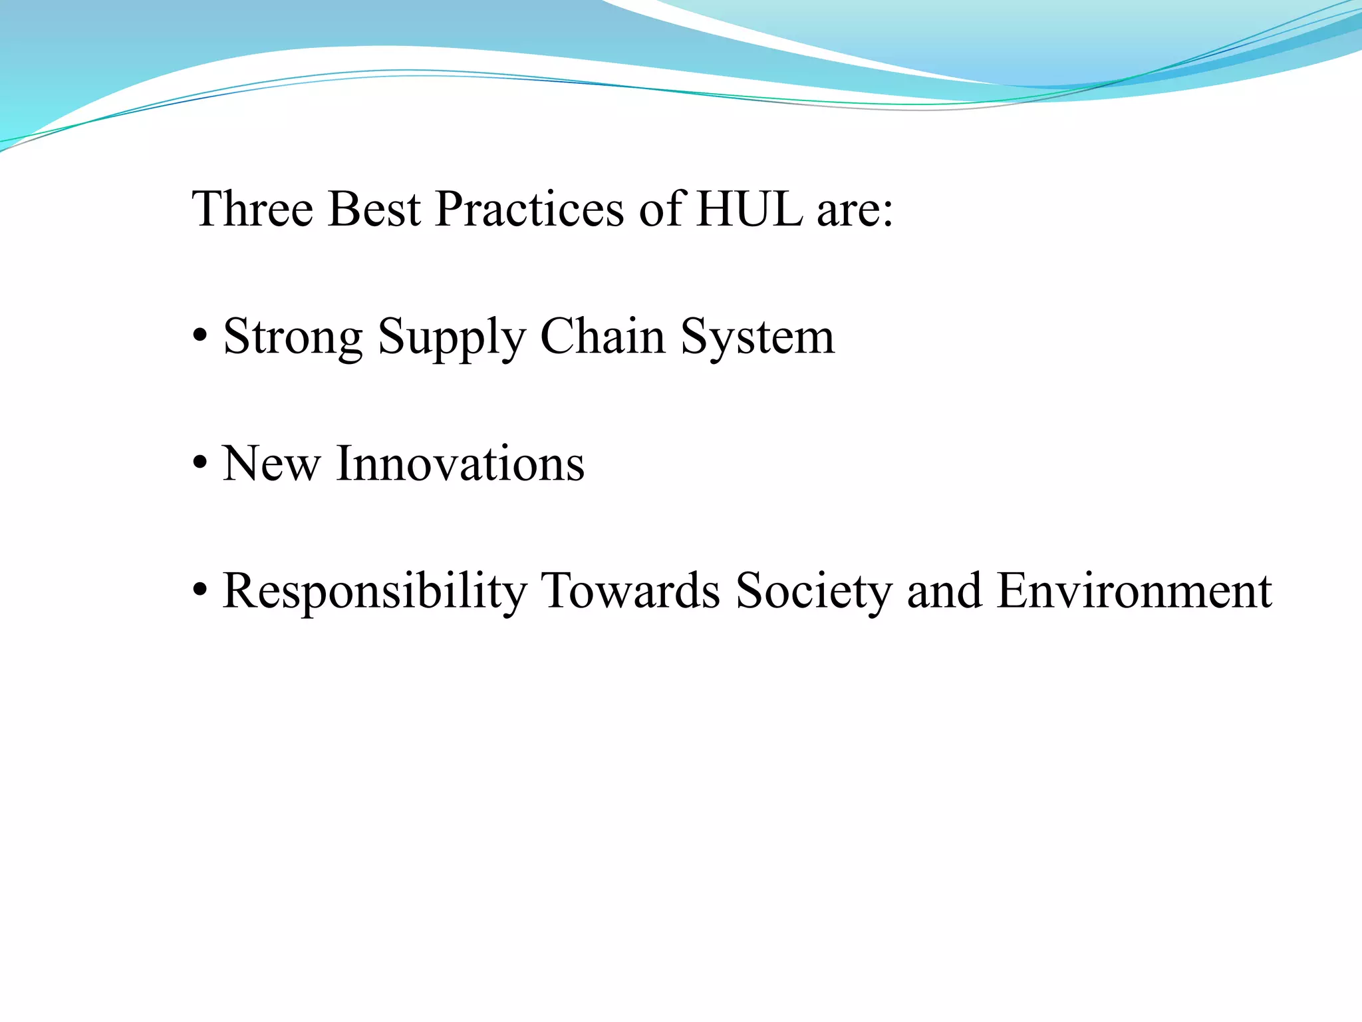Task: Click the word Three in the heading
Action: click(x=252, y=210)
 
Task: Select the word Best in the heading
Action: click(x=374, y=210)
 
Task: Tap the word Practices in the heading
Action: click(x=529, y=210)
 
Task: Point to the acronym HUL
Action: click(x=749, y=210)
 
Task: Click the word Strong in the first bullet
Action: click(x=293, y=337)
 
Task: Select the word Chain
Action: click(x=603, y=336)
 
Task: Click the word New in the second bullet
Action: click(x=271, y=464)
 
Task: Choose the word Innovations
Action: click(x=461, y=464)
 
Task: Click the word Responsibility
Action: click(x=374, y=592)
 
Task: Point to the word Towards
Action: click(x=630, y=591)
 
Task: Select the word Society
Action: click(x=813, y=592)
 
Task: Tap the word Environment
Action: click(x=1135, y=591)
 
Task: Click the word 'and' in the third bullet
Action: click(x=944, y=591)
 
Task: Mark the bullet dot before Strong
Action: click(x=199, y=337)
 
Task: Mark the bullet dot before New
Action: click(x=199, y=463)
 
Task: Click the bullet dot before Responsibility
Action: click(x=199, y=591)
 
